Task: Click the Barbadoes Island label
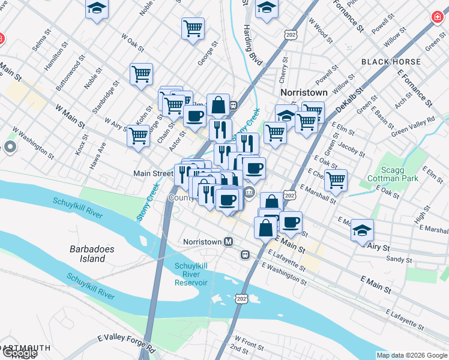coord(88,254)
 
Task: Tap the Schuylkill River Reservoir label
coord(191,274)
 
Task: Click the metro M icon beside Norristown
coord(228,242)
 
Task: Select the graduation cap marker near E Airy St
coord(362,230)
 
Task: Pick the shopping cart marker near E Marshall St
coord(336,179)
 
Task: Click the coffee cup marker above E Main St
coord(291,222)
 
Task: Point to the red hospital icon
coord(438,17)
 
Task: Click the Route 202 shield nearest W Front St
coord(241,298)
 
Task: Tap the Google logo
coord(19,353)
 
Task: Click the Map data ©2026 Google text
coord(412,355)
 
